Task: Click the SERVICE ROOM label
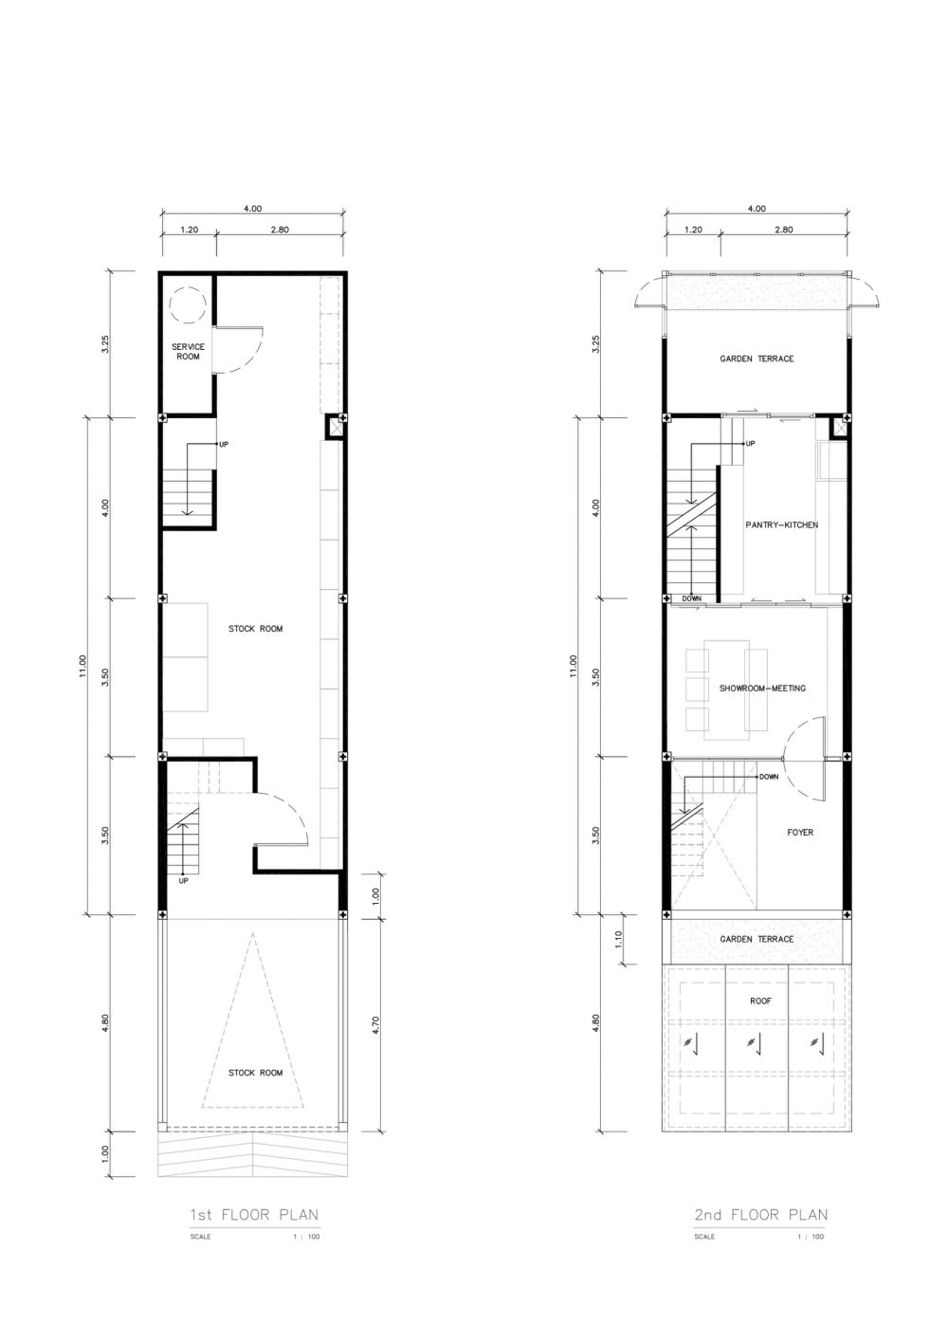pyautogui.click(x=188, y=351)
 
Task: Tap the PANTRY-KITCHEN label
pyautogui.click(x=781, y=524)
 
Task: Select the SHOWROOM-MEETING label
pyautogui.click(x=762, y=689)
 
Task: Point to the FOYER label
pyautogui.click(x=800, y=832)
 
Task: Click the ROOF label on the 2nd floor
pyautogui.click(x=760, y=1002)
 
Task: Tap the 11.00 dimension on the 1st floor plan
pyautogui.click(x=82, y=666)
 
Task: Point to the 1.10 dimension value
pyautogui.click(x=619, y=938)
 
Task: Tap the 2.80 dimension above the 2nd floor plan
pyautogui.click(x=783, y=230)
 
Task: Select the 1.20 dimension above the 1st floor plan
pyautogui.click(x=188, y=230)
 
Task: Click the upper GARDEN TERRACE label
pyautogui.click(x=757, y=358)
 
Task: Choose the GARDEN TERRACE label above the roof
pyautogui.click(x=757, y=939)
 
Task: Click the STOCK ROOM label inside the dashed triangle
pyautogui.click(x=255, y=1073)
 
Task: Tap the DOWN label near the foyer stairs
pyautogui.click(x=769, y=777)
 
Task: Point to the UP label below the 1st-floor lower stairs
pyautogui.click(x=183, y=881)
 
